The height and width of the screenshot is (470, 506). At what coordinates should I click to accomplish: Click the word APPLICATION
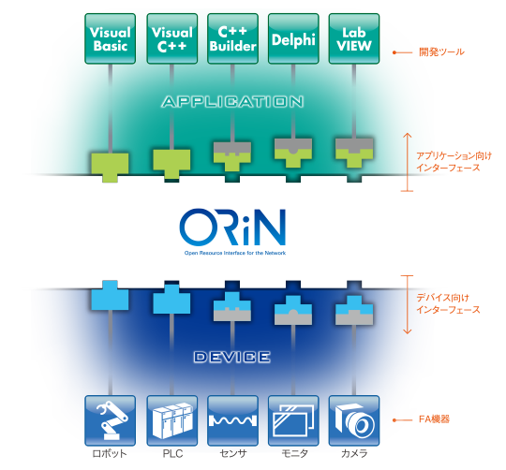(x=232, y=100)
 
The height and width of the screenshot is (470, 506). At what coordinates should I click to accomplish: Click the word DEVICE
(x=231, y=357)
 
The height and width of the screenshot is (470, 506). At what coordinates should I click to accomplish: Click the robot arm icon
(x=110, y=419)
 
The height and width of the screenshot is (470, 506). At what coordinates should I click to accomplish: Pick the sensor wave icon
(x=231, y=419)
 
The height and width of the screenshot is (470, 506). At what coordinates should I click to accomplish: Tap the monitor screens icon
(x=292, y=419)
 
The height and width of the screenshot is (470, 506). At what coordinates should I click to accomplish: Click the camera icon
(x=353, y=419)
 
